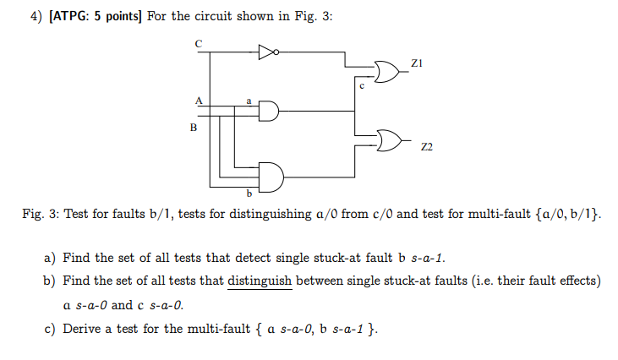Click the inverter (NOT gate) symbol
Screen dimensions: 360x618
click(x=267, y=52)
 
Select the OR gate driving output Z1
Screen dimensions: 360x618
click(x=386, y=68)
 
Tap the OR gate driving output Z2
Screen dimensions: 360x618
click(x=389, y=139)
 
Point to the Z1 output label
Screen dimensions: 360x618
click(x=415, y=62)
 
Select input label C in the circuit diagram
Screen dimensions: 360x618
click(x=199, y=42)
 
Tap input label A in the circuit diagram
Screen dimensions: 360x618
click(x=200, y=99)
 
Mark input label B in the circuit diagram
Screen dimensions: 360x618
click(x=194, y=128)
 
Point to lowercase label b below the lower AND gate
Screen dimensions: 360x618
click(x=249, y=192)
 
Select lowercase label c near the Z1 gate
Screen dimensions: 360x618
click(x=361, y=85)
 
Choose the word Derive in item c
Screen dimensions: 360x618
click(x=82, y=328)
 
